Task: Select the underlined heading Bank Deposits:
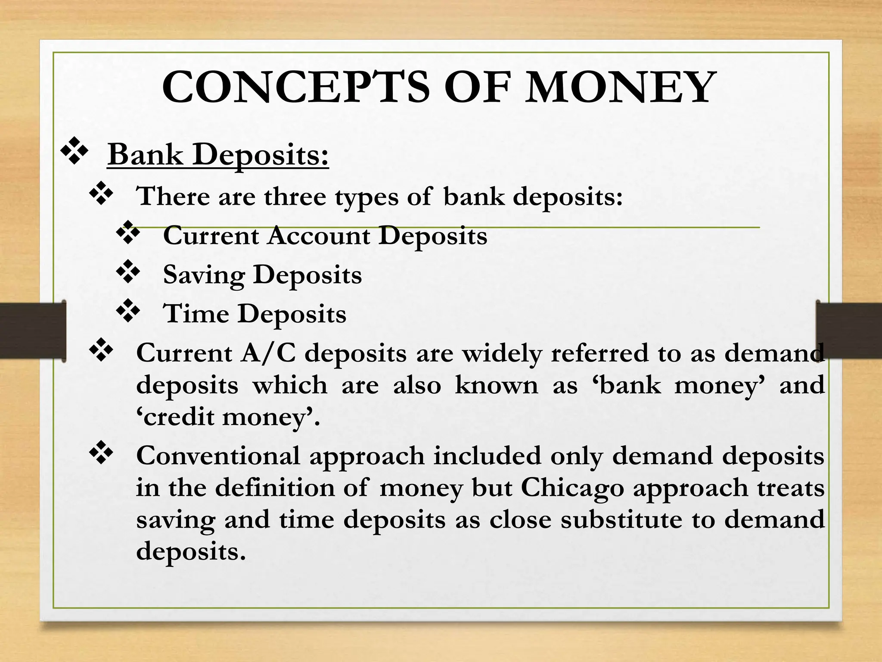(x=218, y=154)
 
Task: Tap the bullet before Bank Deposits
(x=74, y=150)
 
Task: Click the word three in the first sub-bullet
(x=295, y=197)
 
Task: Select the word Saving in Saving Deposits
(x=204, y=275)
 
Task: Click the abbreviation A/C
(x=268, y=353)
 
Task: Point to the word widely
(x=501, y=354)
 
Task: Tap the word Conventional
(x=218, y=456)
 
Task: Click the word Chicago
(x=572, y=488)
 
